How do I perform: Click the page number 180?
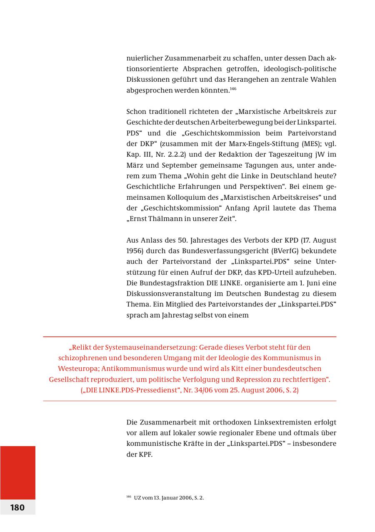click(17, 507)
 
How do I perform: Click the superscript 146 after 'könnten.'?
click(233, 88)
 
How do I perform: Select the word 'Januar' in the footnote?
click(169, 498)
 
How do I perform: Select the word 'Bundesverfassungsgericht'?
click(200, 251)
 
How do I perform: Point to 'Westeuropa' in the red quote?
click(77, 369)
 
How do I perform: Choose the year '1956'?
click(134, 251)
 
